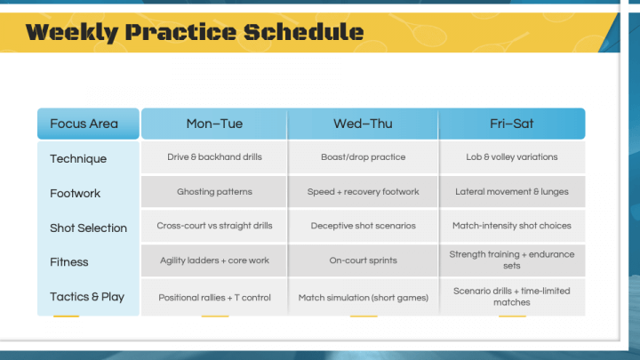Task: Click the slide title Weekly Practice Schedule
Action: click(195, 33)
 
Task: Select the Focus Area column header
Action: click(84, 124)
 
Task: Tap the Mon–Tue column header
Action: click(214, 124)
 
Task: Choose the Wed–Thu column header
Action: click(363, 124)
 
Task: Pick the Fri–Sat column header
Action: click(512, 124)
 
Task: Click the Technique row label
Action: click(78, 158)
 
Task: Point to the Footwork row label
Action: click(76, 193)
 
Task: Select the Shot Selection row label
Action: click(88, 228)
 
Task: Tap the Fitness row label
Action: click(70, 262)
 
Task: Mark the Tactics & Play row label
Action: click(87, 297)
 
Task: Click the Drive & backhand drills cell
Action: click(214, 157)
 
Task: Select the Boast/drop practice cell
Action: click(363, 157)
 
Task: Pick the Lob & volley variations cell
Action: click(512, 157)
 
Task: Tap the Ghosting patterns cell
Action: click(214, 192)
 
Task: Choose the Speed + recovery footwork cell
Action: click(363, 192)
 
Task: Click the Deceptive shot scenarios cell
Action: click(363, 227)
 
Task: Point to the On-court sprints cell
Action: click(363, 261)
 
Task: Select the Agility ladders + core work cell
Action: click(214, 261)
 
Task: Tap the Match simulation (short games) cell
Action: click(363, 297)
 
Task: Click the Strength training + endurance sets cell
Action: click(512, 260)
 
